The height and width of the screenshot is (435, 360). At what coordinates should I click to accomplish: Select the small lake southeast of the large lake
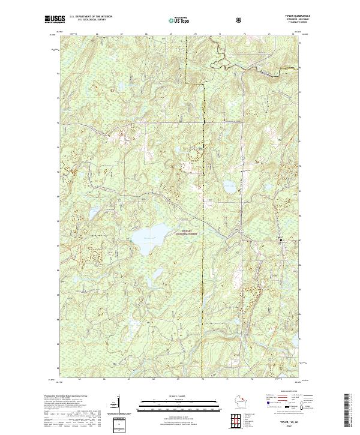point(157,274)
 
